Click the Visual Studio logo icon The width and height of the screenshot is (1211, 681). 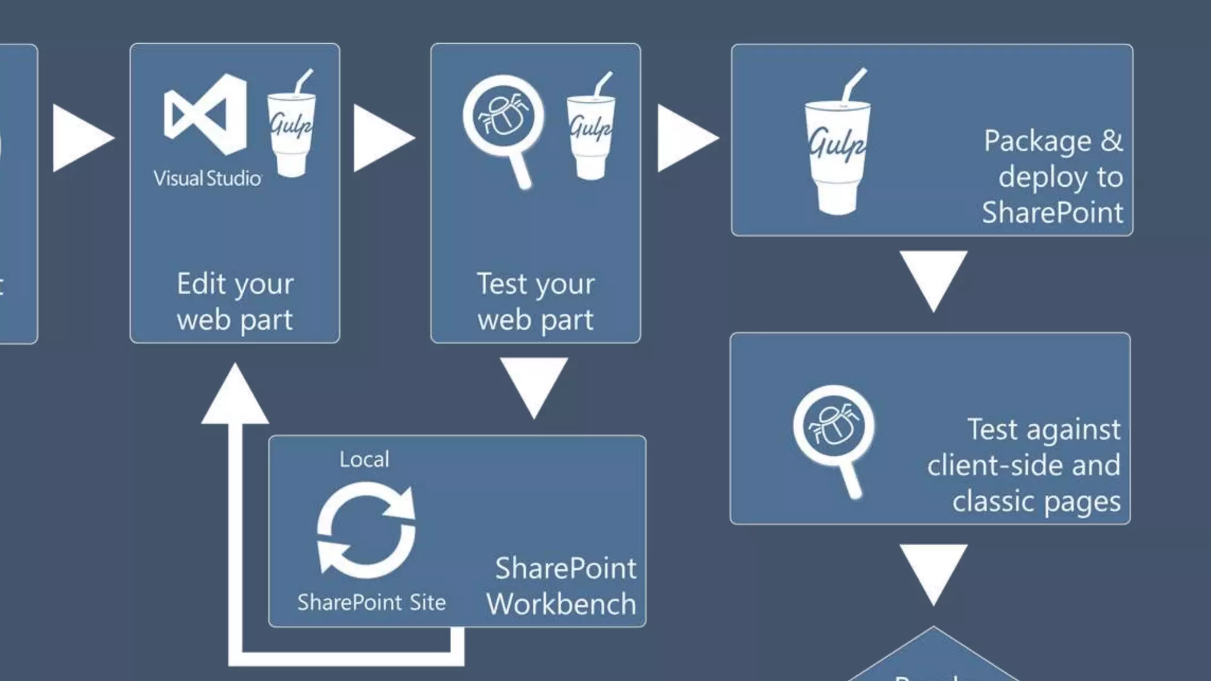pyautogui.click(x=205, y=114)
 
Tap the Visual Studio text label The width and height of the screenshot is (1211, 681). pyautogui.click(x=208, y=178)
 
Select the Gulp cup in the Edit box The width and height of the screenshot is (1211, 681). pyautogui.click(x=291, y=125)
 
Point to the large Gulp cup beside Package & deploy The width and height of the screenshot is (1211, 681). pyautogui.click(x=837, y=145)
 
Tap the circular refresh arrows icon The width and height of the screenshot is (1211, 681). pyautogui.click(x=367, y=530)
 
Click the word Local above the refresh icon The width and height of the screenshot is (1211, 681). pyautogui.click(x=364, y=459)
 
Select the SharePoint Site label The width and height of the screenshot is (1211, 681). pyautogui.click(x=371, y=602)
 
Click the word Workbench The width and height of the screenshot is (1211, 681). pyautogui.click(x=561, y=604)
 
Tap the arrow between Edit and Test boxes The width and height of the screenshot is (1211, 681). pyautogui.click(x=382, y=138)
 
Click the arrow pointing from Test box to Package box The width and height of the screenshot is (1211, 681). pyautogui.click(x=686, y=138)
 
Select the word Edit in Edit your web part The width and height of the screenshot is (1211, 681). pyautogui.click(x=201, y=284)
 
